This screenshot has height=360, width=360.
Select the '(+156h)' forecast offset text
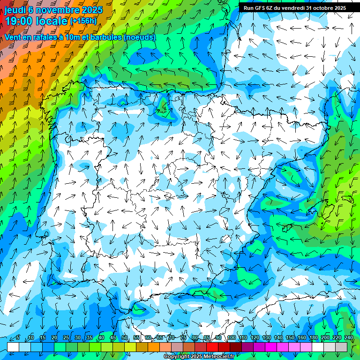[83, 21]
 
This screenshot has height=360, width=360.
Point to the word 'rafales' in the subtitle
[46, 37]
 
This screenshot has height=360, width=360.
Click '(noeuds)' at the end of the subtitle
[140, 37]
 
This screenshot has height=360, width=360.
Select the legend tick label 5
[18, 338]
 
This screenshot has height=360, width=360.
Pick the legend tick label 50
[125, 338]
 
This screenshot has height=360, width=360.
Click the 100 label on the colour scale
[232, 338]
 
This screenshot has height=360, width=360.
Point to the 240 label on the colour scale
[349, 338]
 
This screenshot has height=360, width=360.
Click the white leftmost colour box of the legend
[13, 347]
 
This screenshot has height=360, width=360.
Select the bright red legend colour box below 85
[212, 347]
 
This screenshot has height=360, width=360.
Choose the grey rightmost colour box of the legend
[341, 347]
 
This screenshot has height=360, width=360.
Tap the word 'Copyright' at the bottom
[177, 357]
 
